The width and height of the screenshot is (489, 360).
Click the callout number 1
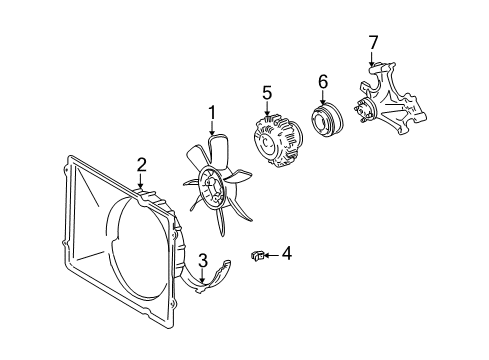pos(212,113)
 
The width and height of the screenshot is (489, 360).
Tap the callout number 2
pos(142,164)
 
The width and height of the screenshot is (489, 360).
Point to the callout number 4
pos(286,255)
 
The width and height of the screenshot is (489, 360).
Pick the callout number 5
pos(267,92)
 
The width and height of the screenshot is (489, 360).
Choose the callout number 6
pos(323,82)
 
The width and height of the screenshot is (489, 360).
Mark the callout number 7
pos(373,42)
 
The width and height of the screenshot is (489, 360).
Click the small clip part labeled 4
pos(257,256)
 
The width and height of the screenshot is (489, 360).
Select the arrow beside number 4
pos(271,256)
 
